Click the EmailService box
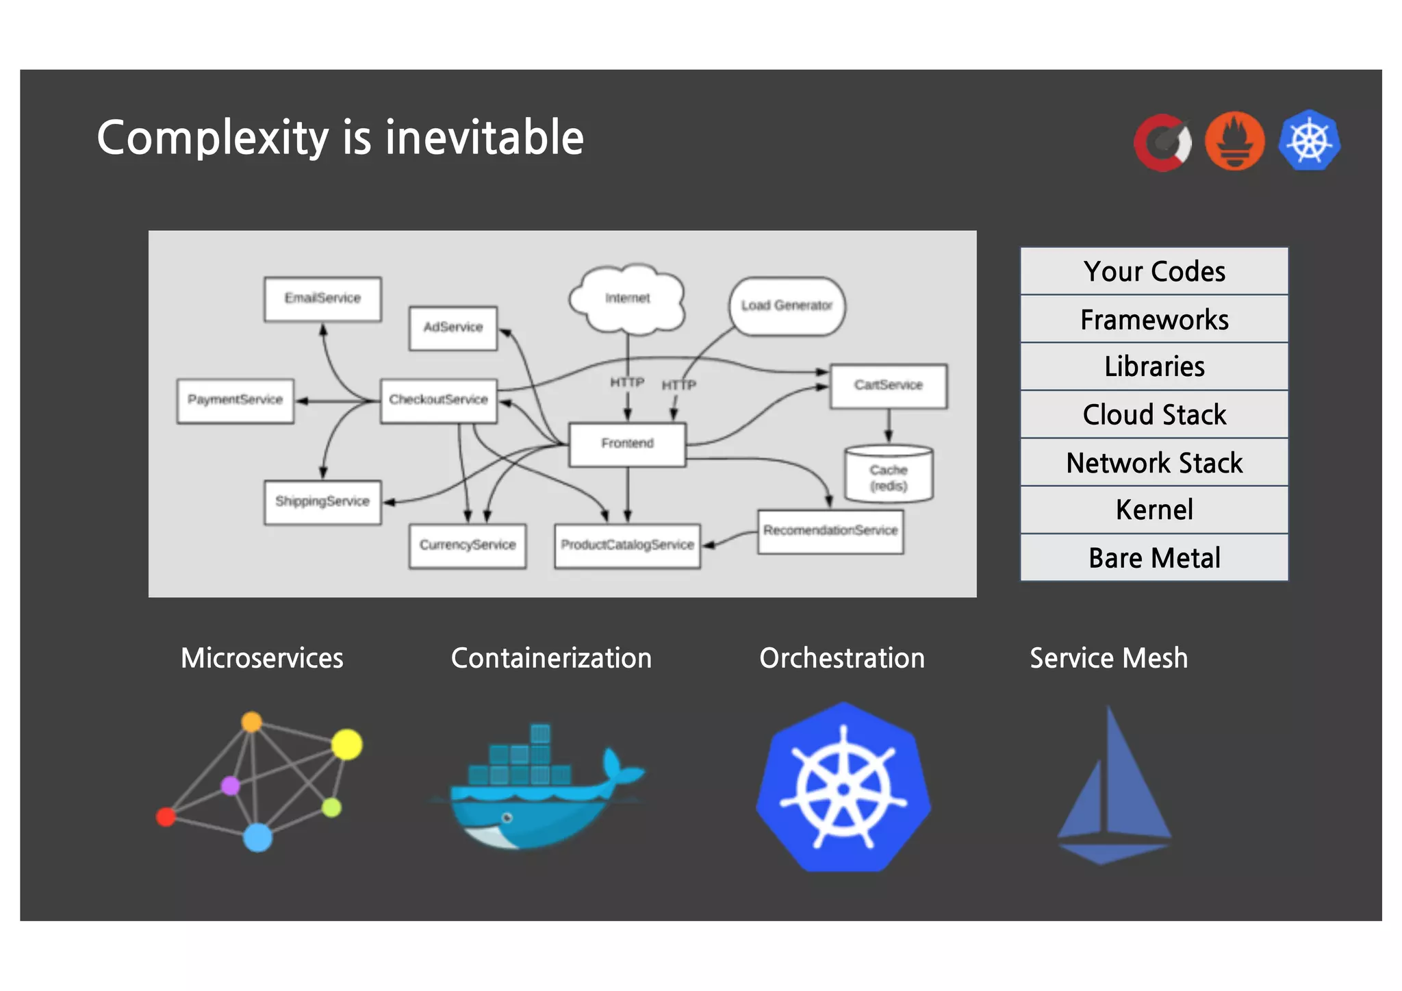[x=322, y=299]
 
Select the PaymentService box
[x=235, y=401]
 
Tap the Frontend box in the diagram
[x=627, y=444]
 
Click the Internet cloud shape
[x=627, y=299]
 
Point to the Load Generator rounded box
[x=787, y=306]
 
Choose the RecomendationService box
[x=830, y=531]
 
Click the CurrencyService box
[x=468, y=546]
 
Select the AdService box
[x=453, y=328]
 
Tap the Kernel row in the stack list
[x=1154, y=510]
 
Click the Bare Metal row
[x=1154, y=558]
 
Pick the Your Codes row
[x=1154, y=272]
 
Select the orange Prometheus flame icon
[x=1234, y=141]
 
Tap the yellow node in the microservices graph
[x=347, y=744]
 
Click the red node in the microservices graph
[x=166, y=816]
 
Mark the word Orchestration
[x=842, y=658]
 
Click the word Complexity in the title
[x=213, y=138]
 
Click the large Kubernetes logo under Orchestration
[x=843, y=788]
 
